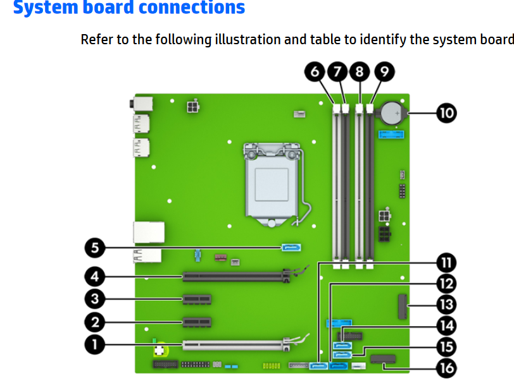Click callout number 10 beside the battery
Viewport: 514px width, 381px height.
[446, 113]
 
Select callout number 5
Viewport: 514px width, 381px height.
[95, 248]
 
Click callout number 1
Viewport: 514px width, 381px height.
[95, 344]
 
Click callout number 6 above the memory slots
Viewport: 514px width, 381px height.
[314, 71]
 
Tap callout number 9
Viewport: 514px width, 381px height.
[384, 71]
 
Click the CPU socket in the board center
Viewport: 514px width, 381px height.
[273, 184]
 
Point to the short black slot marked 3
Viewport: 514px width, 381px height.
[197, 299]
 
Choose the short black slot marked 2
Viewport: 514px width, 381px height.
[197, 322]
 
